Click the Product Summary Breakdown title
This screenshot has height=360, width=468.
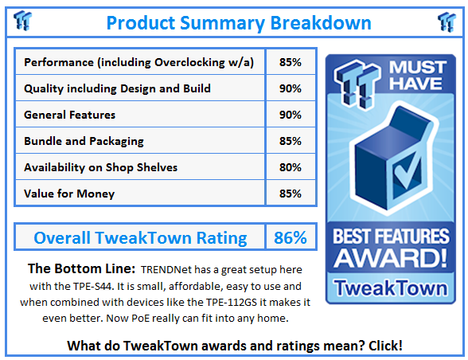tap(234, 22)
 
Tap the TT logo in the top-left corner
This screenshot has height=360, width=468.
tap(21, 22)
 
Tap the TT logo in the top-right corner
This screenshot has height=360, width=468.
tap(447, 22)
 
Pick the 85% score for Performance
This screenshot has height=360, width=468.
tap(291, 62)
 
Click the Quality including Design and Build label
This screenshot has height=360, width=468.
tap(117, 88)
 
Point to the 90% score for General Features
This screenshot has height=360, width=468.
tap(291, 115)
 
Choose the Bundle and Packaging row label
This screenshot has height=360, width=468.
tap(84, 141)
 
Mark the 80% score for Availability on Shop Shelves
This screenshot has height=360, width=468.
tap(291, 167)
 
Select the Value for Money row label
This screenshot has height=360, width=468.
tap(69, 194)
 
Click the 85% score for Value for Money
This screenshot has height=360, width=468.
tap(291, 194)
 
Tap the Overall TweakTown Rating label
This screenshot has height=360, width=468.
tap(140, 237)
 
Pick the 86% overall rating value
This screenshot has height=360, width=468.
tap(291, 237)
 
